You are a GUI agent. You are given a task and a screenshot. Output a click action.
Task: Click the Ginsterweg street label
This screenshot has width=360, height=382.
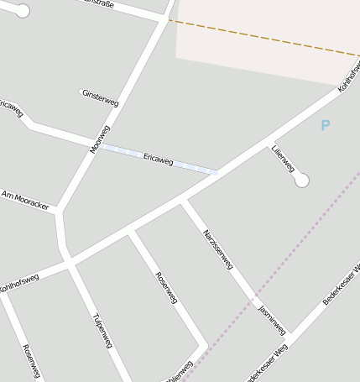point(101,97)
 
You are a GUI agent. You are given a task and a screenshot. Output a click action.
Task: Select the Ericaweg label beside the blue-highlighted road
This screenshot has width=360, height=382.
point(158,159)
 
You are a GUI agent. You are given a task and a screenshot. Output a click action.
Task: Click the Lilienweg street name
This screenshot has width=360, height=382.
point(283,158)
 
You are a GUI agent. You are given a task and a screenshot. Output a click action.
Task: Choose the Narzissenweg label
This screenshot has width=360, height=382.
point(217,249)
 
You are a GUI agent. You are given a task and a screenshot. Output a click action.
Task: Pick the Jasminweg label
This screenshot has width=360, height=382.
point(272,318)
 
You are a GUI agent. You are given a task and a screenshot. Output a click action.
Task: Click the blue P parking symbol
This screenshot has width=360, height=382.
point(326,126)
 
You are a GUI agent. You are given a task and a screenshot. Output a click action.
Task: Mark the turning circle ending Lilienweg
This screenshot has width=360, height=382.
point(302,180)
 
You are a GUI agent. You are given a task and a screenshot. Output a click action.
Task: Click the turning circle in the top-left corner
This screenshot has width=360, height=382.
point(23,11)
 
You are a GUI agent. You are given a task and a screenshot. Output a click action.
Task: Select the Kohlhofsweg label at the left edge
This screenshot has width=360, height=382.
point(18,283)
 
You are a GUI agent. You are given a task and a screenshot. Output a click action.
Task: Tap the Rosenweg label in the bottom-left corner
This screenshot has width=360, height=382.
point(30,362)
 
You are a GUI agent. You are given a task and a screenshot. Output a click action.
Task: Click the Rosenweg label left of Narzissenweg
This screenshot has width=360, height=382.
point(166,287)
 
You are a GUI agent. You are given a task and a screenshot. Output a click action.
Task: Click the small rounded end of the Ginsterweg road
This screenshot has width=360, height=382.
point(82,92)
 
